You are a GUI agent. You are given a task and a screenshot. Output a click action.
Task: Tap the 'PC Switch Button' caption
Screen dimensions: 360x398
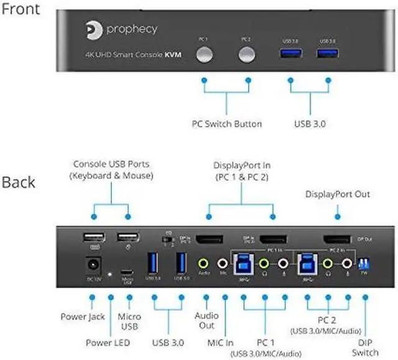(226, 124)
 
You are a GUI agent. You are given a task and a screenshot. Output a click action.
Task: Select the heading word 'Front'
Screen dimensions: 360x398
(22, 9)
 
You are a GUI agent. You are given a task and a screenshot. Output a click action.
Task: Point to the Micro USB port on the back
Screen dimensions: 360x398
(128, 272)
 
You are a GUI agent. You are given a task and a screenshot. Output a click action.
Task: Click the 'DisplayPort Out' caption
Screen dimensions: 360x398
(337, 195)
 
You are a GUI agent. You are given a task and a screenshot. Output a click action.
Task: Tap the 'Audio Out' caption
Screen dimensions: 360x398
(207, 320)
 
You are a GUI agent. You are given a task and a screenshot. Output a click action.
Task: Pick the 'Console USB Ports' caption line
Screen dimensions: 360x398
(111, 165)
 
